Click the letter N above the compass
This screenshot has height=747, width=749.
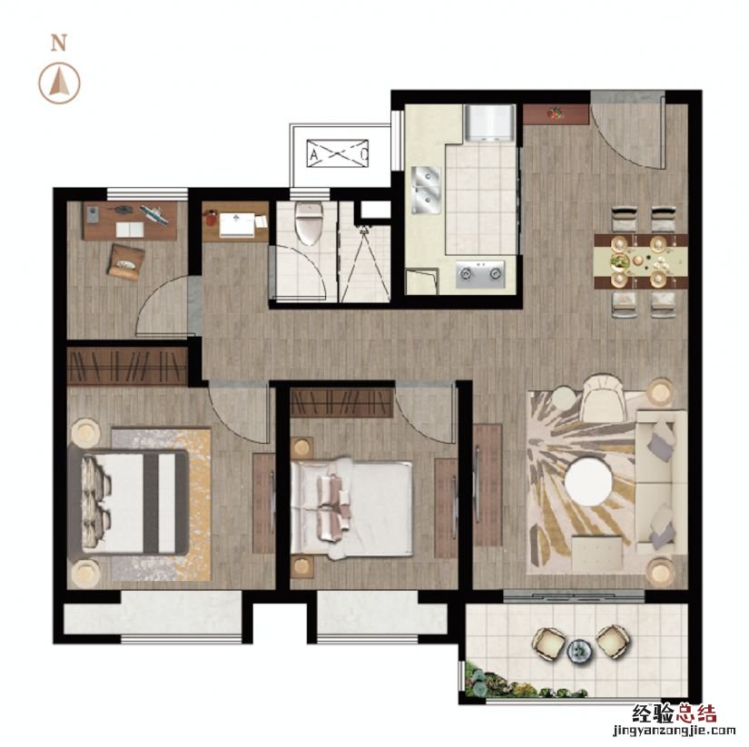pos(59,44)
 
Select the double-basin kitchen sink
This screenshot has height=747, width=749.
pos(426,190)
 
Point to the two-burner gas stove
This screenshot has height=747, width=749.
pos(480,274)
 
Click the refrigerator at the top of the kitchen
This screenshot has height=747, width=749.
pos(490,123)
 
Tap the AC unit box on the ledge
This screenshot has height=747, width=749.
pos(338,153)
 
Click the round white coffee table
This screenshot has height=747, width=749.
pos(589,481)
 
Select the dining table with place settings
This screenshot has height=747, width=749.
pos(641,260)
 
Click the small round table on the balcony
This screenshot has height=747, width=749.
pos(580,651)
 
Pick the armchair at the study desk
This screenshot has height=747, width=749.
pos(126,260)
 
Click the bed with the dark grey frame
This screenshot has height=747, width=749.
pos(128,503)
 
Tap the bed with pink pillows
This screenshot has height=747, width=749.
pos(351,508)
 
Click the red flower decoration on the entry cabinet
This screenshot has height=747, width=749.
pos(556,114)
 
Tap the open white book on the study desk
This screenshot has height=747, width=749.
pos(130,230)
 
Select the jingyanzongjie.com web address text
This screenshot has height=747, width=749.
pos(674,731)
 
